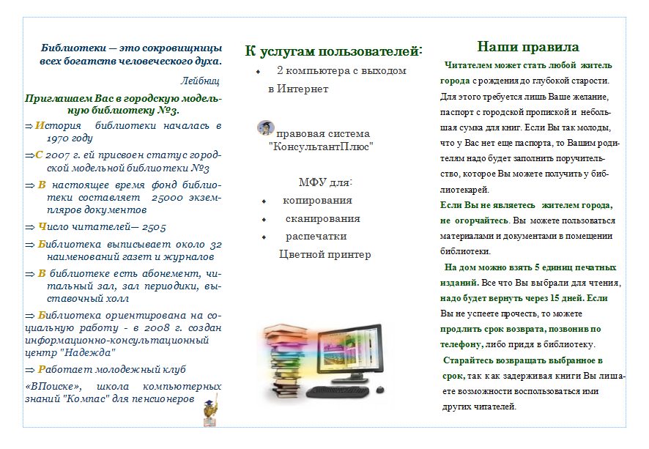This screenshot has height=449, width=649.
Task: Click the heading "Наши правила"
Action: [x=528, y=47]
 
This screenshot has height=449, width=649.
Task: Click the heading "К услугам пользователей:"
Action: [x=333, y=51]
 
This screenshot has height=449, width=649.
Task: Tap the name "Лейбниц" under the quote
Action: [x=200, y=81]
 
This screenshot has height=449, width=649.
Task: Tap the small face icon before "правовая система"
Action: [x=265, y=127]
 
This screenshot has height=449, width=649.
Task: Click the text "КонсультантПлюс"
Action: [x=322, y=146]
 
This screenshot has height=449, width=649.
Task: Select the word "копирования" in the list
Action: [x=317, y=200]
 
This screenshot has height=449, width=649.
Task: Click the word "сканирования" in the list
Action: [x=323, y=218]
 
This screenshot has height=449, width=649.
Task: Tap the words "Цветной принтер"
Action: [x=325, y=254]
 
